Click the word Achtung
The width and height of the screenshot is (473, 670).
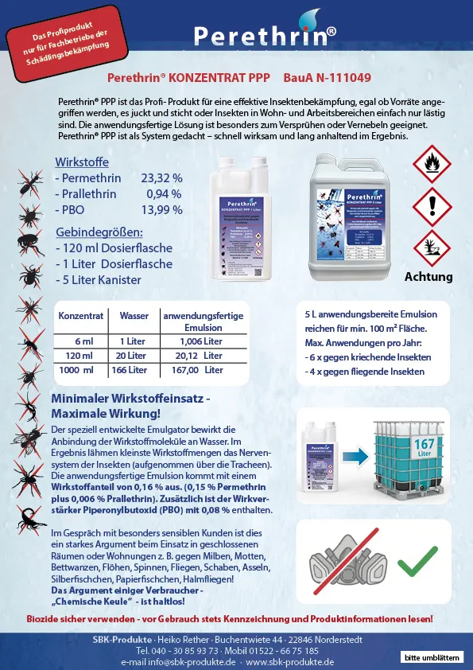428,277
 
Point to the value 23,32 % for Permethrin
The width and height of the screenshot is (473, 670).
161,178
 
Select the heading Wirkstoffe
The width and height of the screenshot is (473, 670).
82,162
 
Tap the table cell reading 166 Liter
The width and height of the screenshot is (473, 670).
130,370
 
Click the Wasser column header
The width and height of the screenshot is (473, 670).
134,316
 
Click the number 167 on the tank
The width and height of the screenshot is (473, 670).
424,444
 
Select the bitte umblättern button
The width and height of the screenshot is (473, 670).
432,657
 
